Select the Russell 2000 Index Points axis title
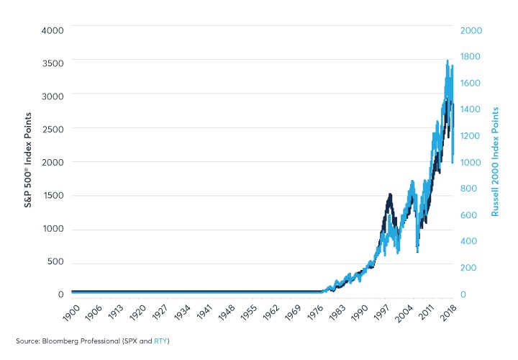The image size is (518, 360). click(x=496, y=162)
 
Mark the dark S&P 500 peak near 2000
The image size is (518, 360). click(x=389, y=194)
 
